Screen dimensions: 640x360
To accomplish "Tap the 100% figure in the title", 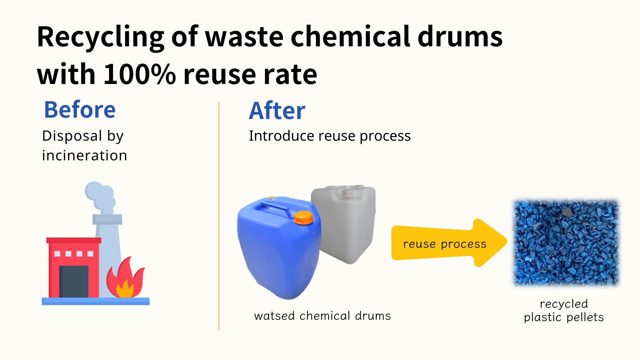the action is click(140, 74).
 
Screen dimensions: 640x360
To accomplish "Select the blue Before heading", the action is click(80, 110).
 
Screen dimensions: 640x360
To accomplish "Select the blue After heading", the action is click(277, 111).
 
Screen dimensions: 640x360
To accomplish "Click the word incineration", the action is click(84, 155).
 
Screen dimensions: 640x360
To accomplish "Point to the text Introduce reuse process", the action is click(330, 136).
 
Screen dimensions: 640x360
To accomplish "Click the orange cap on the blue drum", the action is click(303, 217).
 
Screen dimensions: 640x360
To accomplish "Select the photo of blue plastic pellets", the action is click(566, 243).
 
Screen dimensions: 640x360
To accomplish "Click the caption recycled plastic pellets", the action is click(564, 310).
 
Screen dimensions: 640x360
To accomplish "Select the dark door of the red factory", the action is click(74, 281).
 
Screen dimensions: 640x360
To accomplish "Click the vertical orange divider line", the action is click(219, 216).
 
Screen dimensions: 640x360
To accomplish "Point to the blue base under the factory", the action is click(96, 301).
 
